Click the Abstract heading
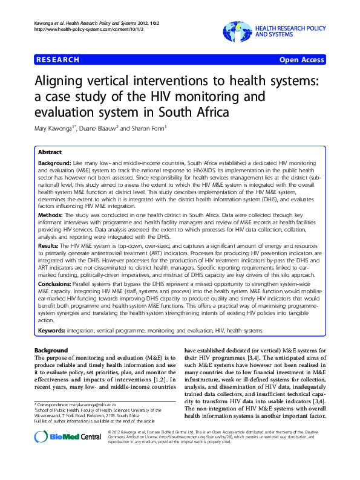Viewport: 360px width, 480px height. (50, 152)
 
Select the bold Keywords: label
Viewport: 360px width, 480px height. (56, 331)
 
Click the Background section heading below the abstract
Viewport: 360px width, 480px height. (51, 351)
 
